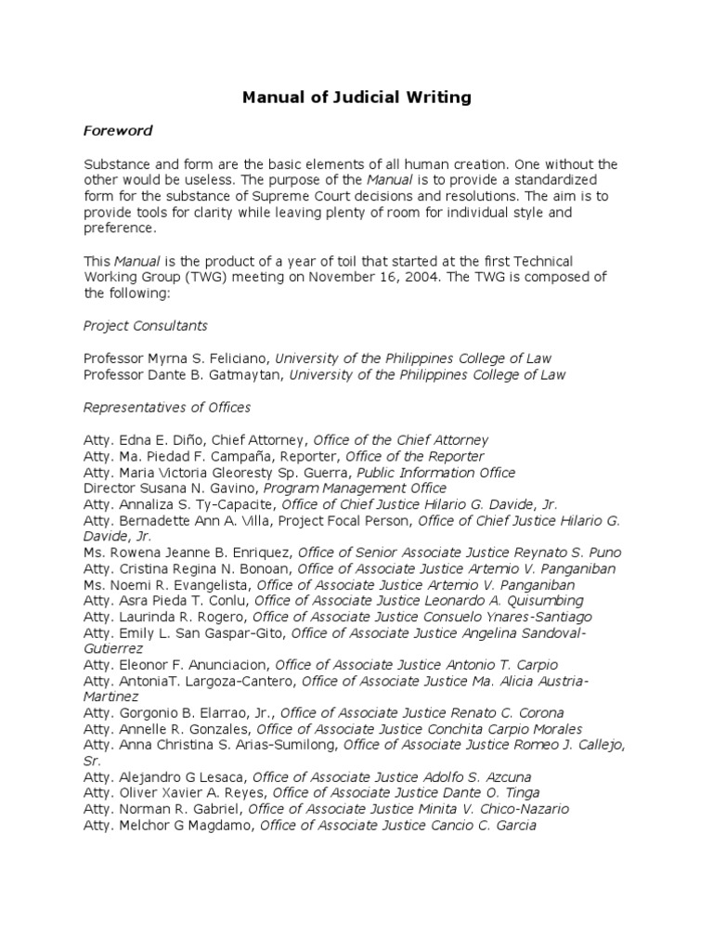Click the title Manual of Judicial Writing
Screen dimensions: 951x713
(356, 97)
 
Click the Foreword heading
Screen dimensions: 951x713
(118, 131)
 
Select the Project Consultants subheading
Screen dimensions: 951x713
(145, 326)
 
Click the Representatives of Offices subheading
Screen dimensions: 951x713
(167, 408)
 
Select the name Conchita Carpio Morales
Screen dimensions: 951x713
(502, 730)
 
